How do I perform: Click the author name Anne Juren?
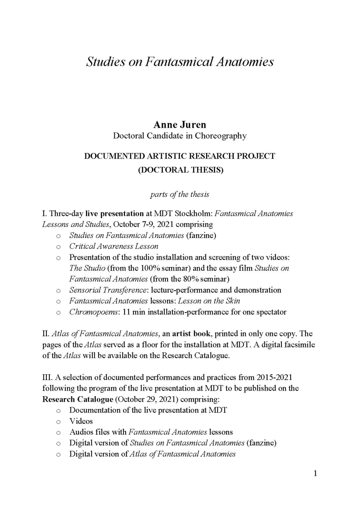tap(180, 125)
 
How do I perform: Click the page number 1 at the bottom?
tap(315, 473)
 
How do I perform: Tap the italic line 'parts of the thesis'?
tap(180, 194)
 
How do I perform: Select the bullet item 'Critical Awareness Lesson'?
tap(114, 246)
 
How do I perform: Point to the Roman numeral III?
tap(47, 377)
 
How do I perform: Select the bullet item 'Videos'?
tap(81, 421)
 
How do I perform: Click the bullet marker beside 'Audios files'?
tap(58, 432)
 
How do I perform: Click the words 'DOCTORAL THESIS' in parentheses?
tap(180, 170)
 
